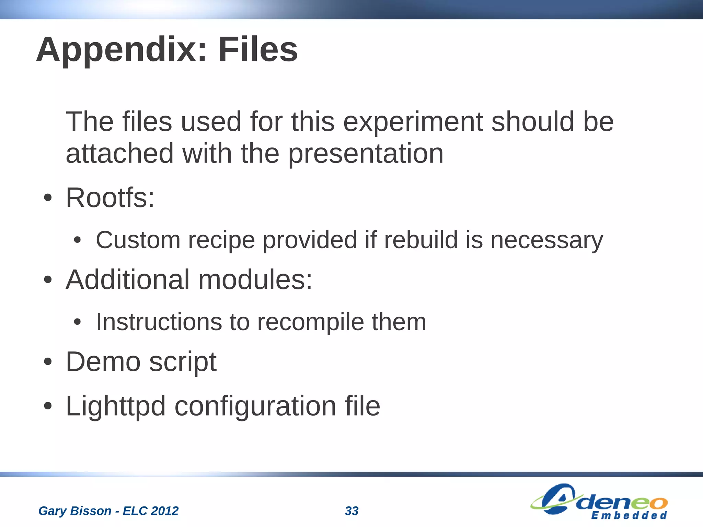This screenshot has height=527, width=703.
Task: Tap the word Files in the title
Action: [x=258, y=50]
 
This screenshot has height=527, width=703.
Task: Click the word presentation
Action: [x=366, y=154]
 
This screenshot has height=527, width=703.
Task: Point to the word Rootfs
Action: [x=110, y=198]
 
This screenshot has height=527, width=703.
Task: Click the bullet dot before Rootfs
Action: [x=48, y=198]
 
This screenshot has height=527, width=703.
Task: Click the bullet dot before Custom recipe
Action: [x=78, y=240]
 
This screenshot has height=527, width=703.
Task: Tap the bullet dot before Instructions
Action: [x=78, y=322]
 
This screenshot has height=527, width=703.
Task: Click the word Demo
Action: [x=103, y=362]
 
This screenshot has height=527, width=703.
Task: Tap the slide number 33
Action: [x=351, y=511]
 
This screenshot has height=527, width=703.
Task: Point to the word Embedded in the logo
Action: [x=629, y=515]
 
